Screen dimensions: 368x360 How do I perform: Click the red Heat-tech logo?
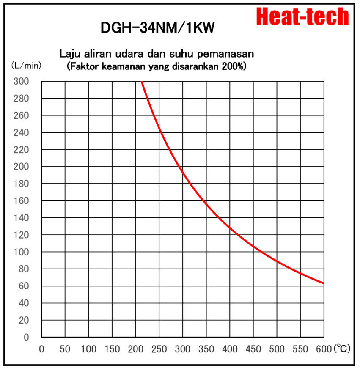pos(303,17)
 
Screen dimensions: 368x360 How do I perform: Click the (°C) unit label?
pos(341,349)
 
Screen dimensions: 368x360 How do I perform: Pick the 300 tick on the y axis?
pos(24,81)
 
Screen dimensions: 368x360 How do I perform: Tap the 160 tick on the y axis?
pos(24,201)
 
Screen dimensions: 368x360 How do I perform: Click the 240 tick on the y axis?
pos(24,132)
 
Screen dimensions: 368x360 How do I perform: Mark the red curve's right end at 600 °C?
pos(323,283)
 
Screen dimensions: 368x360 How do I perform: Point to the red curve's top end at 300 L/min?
pos(141,82)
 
